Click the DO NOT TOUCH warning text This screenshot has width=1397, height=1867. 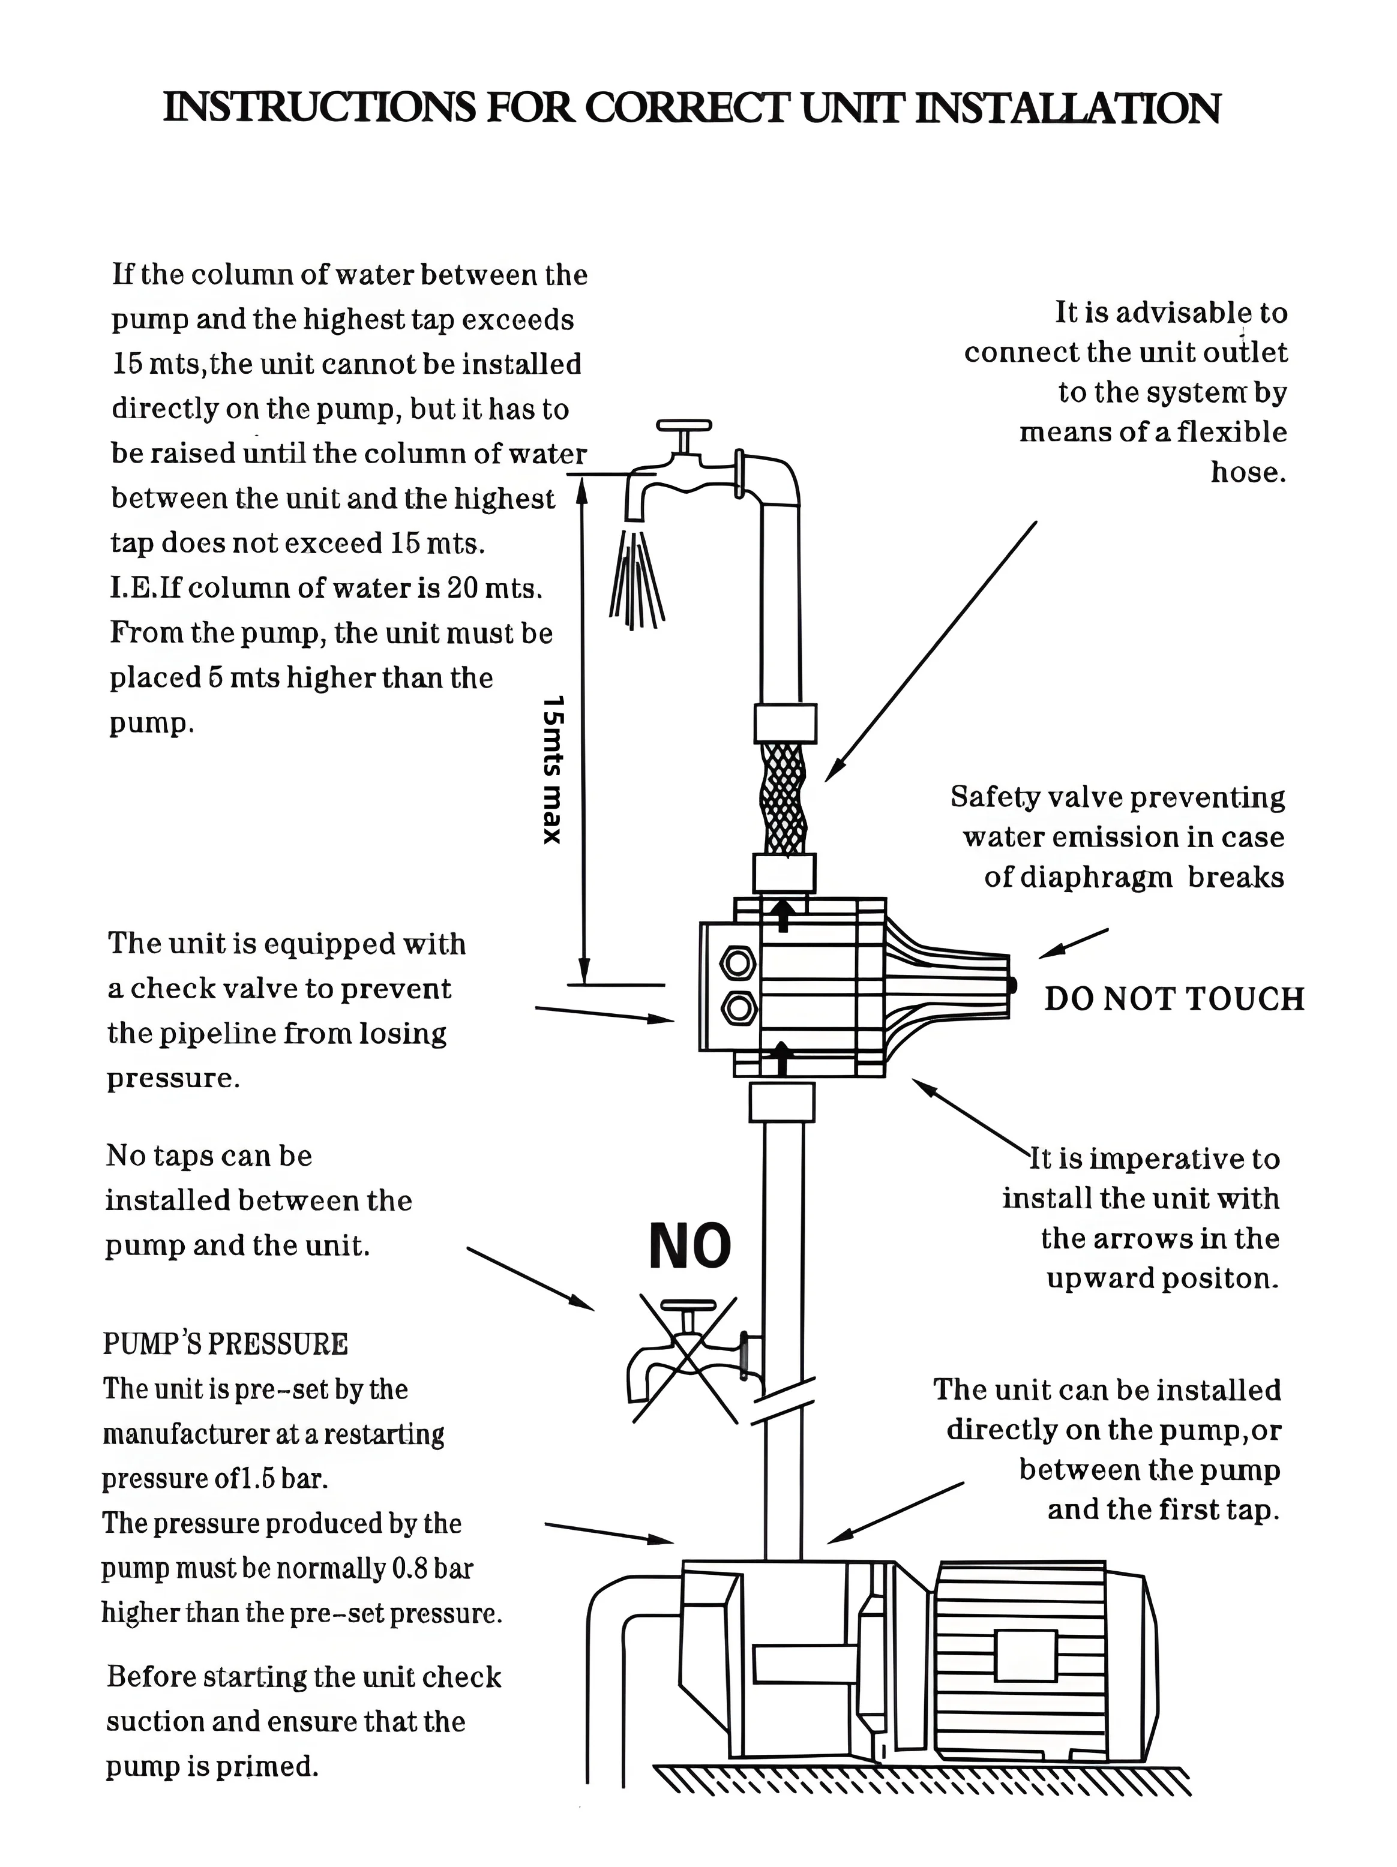pyautogui.click(x=1173, y=999)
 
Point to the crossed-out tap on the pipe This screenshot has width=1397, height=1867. pyautogui.click(x=683, y=1363)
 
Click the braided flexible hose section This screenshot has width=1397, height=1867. pyautogui.click(x=783, y=797)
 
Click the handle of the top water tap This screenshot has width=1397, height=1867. pyautogui.click(x=683, y=428)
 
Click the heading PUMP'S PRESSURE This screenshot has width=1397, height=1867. pyautogui.click(x=226, y=1344)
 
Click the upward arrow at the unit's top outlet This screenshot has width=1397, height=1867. pyautogui.click(x=783, y=914)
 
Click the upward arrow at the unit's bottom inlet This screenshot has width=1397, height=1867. pyautogui.click(x=783, y=1058)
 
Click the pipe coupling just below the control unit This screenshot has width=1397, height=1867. pyautogui.click(x=783, y=1101)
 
